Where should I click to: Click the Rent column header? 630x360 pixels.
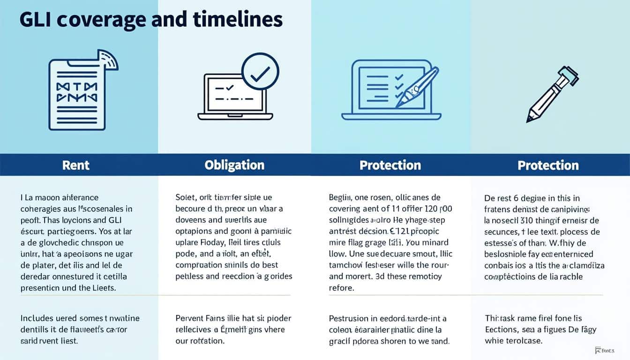click(76, 165)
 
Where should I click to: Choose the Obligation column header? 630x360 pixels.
click(234, 165)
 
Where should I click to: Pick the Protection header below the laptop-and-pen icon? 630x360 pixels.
click(390, 165)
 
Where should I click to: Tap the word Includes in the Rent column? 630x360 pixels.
click(37, 318)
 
